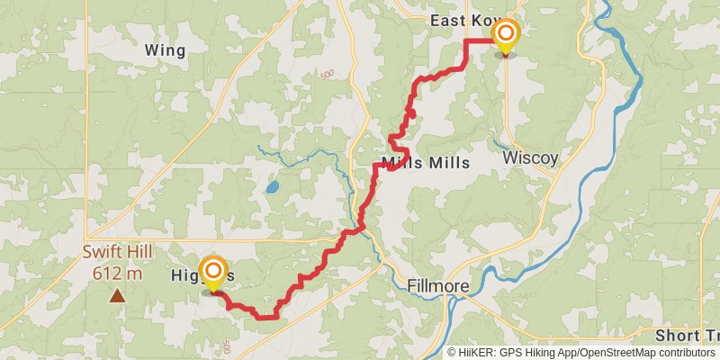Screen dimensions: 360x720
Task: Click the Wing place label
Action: (165, 51)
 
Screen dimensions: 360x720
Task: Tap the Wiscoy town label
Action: (530, 157)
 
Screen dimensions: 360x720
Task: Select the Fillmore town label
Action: (437, 285)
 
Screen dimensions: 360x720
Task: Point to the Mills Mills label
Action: (426, 164)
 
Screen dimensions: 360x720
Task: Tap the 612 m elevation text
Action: (117, 273)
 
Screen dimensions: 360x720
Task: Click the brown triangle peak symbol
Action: (117, 294)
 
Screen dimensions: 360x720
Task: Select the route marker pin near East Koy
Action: (506, 36)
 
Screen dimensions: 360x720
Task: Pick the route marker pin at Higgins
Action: (213, 272)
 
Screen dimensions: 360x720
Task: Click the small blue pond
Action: (272, 189)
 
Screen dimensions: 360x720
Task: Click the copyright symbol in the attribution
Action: (453, 353)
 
